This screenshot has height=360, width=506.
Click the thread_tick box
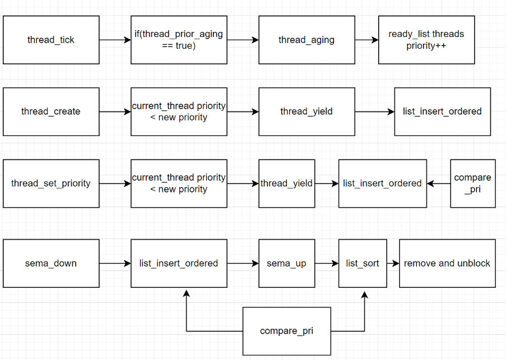pos(51,40)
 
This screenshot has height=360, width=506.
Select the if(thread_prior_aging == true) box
pos(179,40)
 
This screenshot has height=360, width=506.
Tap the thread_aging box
pos(307,40)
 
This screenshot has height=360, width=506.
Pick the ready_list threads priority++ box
pos(426,40)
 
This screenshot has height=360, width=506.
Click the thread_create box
pos(51,111)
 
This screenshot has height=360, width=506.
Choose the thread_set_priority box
pos(51,183)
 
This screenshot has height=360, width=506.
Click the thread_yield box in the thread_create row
pos(307,111)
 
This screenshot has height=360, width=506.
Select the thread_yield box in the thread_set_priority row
pos(286,183)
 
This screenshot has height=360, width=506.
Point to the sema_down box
pos(51,263)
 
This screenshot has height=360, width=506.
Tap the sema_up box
pos(286,263)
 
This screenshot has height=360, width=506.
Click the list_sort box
pos(363,263)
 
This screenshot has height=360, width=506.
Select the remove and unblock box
pos(447,263)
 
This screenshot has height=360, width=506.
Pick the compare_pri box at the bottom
pos(286,331)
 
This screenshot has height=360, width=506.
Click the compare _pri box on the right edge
pos(472,183)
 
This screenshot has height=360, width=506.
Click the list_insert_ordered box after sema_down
pos(179,263)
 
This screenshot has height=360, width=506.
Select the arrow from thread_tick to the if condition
pos(115,40)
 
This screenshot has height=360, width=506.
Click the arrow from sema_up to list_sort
pos(326,263)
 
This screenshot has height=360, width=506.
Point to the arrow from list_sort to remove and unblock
pos(393,263)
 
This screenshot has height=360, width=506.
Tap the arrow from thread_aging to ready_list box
pos(366,40)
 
